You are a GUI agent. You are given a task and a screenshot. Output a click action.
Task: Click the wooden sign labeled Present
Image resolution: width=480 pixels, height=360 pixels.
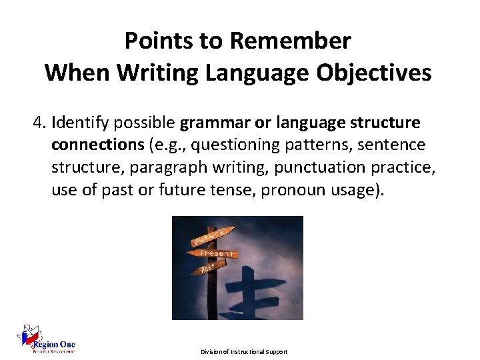click(215, 253)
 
